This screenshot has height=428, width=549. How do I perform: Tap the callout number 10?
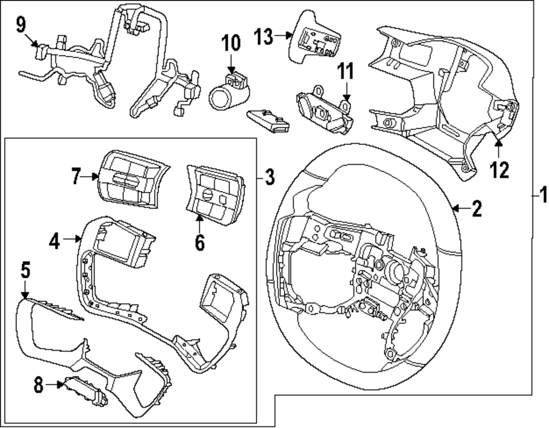click(x=231, y=42)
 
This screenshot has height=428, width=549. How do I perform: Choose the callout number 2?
click(x=476, y=208)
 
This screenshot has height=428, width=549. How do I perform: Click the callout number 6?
click(x=199, y=241)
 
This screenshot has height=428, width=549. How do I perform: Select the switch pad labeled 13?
click(x=314, y=34)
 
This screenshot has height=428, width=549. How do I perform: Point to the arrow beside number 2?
click(x=460, y=208)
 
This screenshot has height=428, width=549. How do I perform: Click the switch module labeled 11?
click(x=324, y=112)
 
